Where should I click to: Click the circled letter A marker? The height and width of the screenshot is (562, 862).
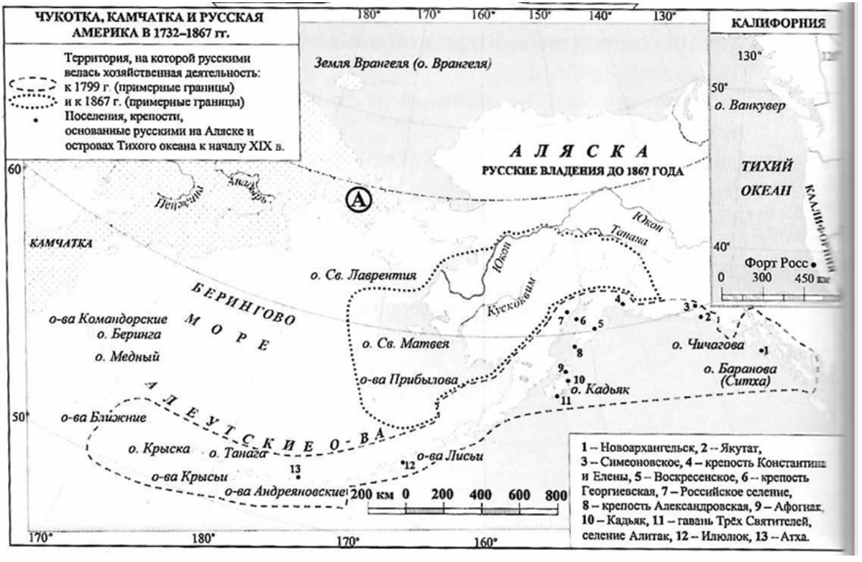(x=358, y=201)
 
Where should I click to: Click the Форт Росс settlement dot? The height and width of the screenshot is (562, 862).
(x=814, y=262)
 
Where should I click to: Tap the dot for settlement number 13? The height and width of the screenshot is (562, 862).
(x=298, y=476)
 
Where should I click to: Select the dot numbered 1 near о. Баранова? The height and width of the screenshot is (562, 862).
(x=761, y=351)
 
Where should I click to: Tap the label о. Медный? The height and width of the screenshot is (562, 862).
(x=127, y=356)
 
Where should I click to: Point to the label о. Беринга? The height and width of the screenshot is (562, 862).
(x=128, y=335)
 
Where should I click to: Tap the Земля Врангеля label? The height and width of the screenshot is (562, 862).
(x=403, y=65)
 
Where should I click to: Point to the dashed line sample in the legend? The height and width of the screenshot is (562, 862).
(x=33, y=81)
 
